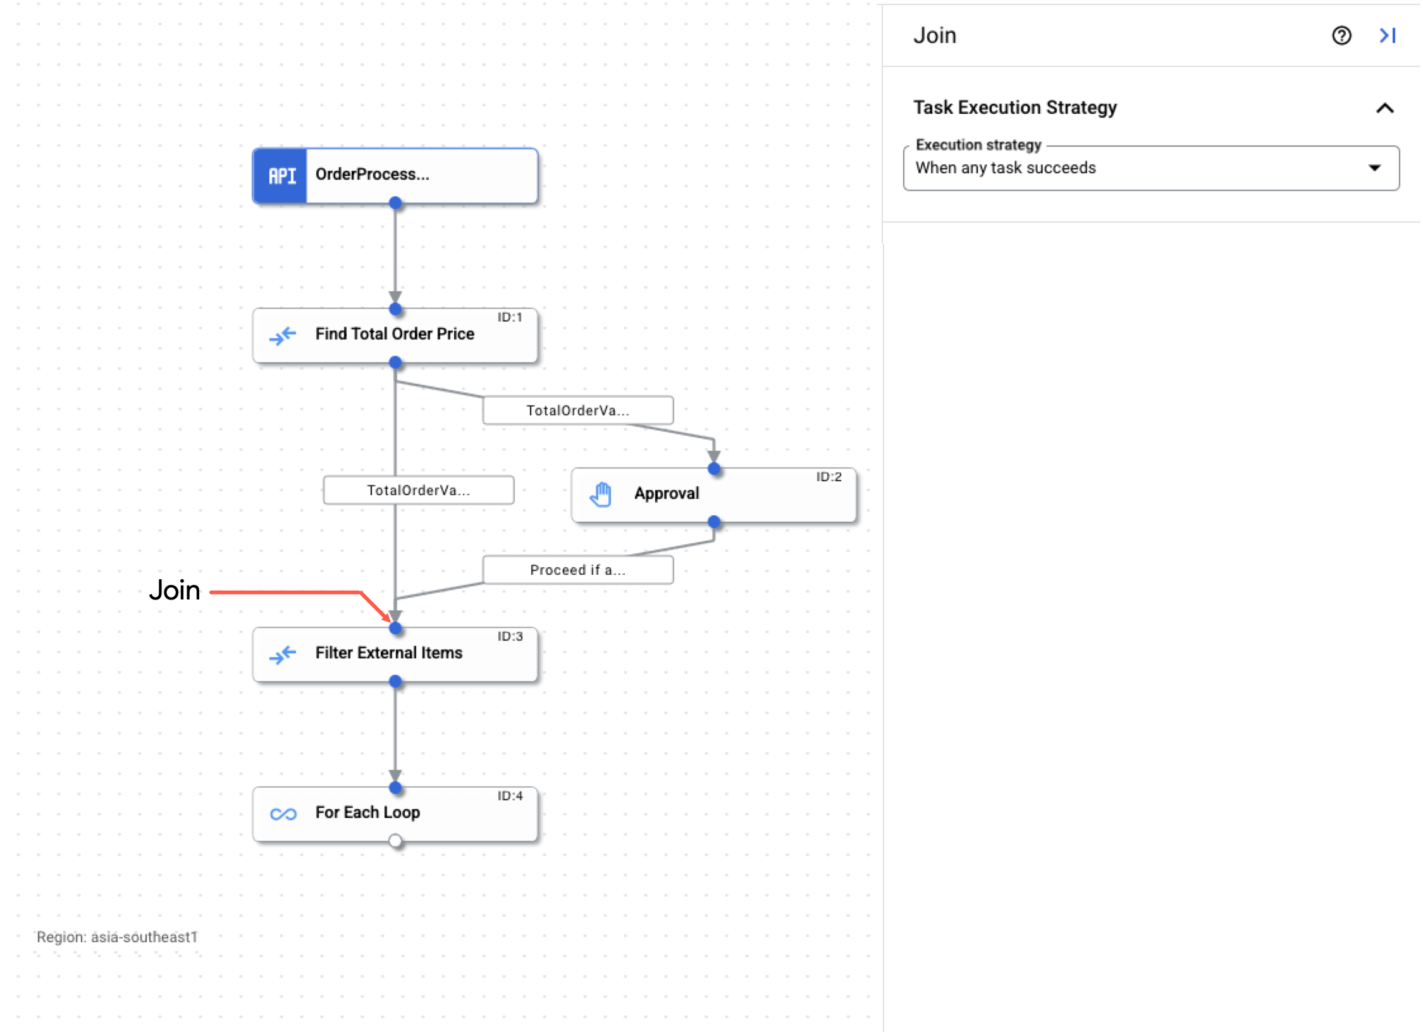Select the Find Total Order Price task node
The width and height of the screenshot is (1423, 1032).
point(395,335)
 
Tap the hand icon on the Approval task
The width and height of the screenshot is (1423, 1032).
point(601,494)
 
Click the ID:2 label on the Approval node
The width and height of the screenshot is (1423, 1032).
point(829,477)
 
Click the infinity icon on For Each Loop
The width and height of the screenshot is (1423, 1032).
point(283,814)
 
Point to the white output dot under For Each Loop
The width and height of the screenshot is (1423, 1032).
point(395,841)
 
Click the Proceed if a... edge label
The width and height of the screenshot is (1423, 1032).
point(577,570)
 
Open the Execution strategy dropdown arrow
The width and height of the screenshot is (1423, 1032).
point(1374,168)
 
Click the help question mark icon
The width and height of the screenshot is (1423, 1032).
point(1341,36)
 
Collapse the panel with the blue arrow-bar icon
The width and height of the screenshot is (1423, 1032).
point(1388,36)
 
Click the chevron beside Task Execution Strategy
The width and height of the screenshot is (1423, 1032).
point(1385,108)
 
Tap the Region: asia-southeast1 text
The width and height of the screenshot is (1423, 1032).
point(117,937)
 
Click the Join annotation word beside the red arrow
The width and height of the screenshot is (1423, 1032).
point(175,591)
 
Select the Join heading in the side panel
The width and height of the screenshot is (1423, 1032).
point(934,36)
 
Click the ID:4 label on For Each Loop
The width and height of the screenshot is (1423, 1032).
point(510,796)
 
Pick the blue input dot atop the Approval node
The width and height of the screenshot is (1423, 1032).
point(714,469)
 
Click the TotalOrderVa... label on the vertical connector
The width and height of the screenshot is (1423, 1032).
point(418,491)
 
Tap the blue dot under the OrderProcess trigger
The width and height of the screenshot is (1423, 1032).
point(395,203)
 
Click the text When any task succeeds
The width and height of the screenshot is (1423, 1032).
point(1006,168)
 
